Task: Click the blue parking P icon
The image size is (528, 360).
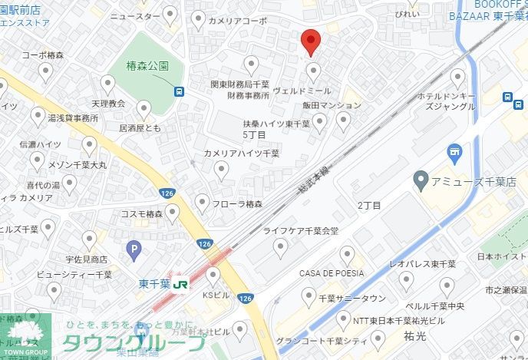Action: pos(136,249)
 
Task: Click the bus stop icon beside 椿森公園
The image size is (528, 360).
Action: pos(179,91)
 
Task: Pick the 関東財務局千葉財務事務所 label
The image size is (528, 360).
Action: pos(240,90)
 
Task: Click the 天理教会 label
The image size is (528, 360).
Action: pos(107,102)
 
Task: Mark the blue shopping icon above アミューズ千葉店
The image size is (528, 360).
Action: pos(454,151)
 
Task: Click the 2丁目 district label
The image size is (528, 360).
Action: pos(368,205)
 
